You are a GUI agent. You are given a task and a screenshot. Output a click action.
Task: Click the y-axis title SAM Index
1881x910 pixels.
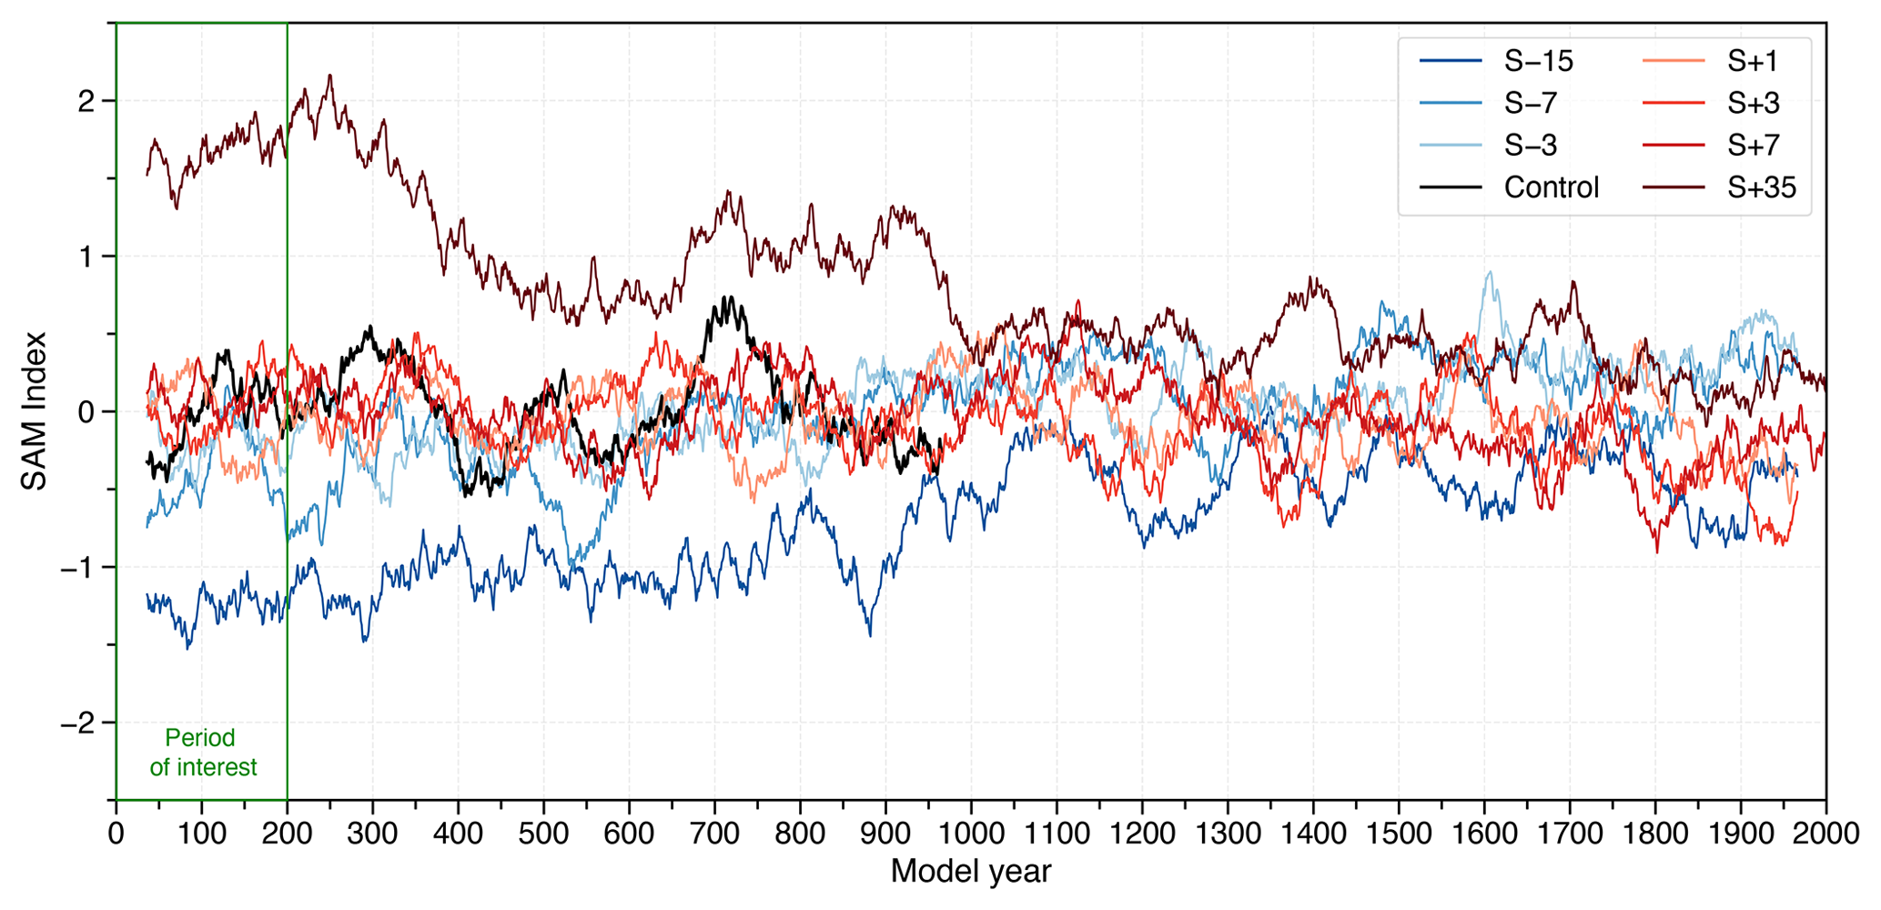point(35,411)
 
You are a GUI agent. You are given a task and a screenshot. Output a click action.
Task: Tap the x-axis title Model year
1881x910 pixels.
point(971,872)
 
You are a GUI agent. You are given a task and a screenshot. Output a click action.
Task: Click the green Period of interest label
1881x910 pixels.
point(203,753)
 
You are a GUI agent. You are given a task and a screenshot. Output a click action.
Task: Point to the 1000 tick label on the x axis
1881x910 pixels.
point(971,833)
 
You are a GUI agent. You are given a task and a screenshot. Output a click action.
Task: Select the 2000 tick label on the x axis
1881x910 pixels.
point(1825,833)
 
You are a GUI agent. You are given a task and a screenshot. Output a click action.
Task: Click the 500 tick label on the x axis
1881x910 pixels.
point(543,833)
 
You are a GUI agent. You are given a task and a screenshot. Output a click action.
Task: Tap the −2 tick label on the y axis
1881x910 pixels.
point(76,723)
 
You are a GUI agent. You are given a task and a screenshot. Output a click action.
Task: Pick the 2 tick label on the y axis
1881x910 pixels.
point(86,101)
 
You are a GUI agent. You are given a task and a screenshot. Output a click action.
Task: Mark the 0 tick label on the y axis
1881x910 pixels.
point(86,412)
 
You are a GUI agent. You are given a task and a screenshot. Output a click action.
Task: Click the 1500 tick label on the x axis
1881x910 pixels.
point(1399,833)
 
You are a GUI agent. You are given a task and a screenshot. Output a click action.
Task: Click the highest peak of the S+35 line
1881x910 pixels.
point(330,76)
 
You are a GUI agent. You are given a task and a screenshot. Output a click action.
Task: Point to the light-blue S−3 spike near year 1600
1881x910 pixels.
point(1489,272)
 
